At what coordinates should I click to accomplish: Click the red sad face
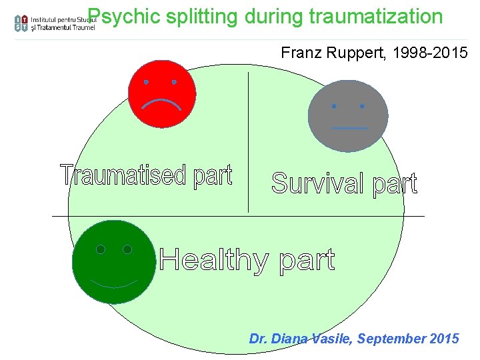161,93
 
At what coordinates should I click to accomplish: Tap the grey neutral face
347,115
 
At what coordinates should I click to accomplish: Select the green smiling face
113,261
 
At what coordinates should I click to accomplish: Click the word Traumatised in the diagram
123,175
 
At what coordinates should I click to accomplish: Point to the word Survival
319,183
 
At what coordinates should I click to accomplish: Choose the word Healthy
213,260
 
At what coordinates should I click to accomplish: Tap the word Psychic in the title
117,16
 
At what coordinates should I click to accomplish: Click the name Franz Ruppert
323,52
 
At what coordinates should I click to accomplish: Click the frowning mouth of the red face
161,103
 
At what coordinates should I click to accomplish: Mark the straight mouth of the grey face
349,127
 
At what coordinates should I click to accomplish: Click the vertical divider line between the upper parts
248,140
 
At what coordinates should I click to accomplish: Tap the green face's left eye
101,249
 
